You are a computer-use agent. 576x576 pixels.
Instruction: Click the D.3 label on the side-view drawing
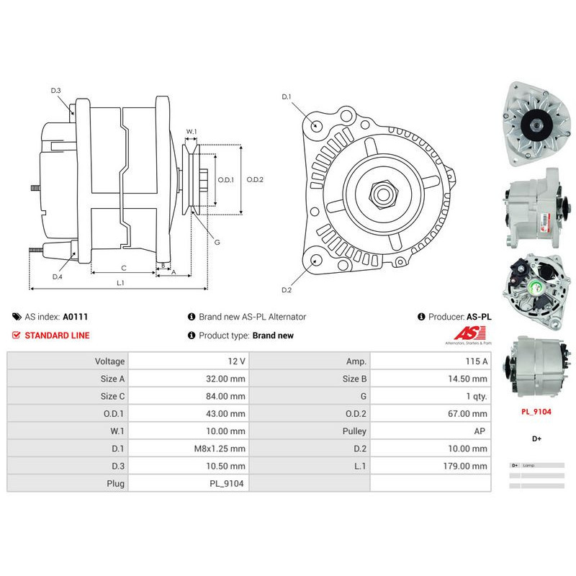click(x=55, y=90)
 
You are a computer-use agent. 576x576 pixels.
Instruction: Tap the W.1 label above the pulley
click(x=191, y=132)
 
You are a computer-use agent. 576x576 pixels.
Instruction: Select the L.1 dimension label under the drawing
click(x=121, y=283)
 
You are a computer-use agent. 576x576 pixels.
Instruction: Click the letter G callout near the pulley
click(x=216, y=242)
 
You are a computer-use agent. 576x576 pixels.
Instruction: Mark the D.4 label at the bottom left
click(x=57, y=276)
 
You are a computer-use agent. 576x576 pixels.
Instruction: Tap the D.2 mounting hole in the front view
click(x=316, y=260)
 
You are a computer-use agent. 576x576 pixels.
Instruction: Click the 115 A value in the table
click(x=477, y=361)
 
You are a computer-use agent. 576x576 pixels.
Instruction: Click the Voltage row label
click(x=110, y=361)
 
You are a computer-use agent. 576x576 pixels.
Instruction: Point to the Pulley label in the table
click(x=354, y=431)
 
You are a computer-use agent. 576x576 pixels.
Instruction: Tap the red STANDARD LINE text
click(x=58, y=336)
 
